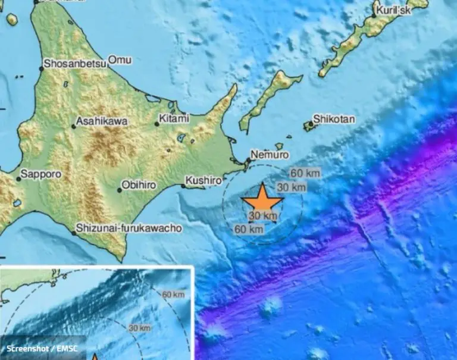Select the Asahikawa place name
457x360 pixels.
click(102, 121)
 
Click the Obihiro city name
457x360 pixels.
click(142, 185)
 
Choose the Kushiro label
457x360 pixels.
click(204, 180)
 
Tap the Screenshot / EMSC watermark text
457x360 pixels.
click(42, 348)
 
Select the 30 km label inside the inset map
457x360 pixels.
click(139, 328)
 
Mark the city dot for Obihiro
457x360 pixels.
click(120, 190)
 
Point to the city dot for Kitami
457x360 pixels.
click(157, 124)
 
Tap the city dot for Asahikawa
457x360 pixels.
click(74, 126)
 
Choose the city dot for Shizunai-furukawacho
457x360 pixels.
click(74, 233)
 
